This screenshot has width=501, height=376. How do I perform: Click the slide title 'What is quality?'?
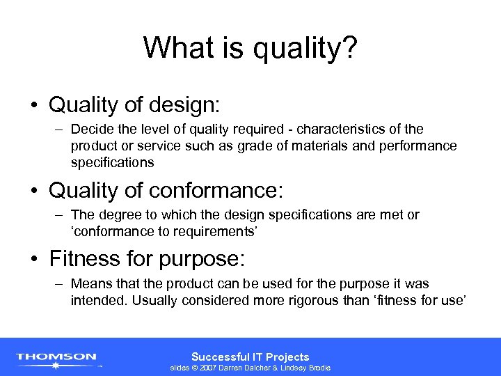(250, 49)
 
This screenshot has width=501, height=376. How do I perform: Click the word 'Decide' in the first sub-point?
(90, 130)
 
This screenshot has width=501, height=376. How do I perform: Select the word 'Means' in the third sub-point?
(88, 284)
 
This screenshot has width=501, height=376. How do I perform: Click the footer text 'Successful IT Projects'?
(250, 357)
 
